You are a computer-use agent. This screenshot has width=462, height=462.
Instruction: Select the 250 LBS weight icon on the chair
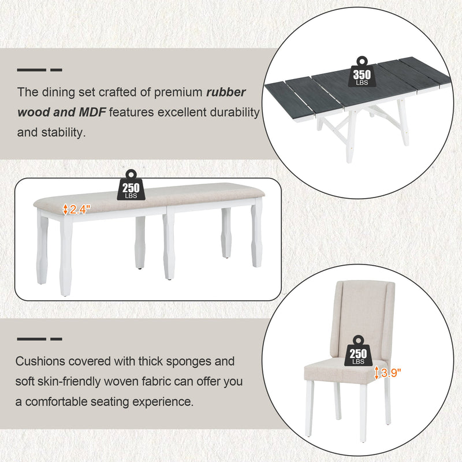(x=357, y=351)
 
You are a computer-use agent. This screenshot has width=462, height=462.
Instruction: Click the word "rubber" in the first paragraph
(x=226, y=92)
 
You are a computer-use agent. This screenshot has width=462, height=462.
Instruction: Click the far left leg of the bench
(x=43, y=248)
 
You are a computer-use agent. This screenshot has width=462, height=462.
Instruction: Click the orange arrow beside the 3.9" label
(x=377, y=372)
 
